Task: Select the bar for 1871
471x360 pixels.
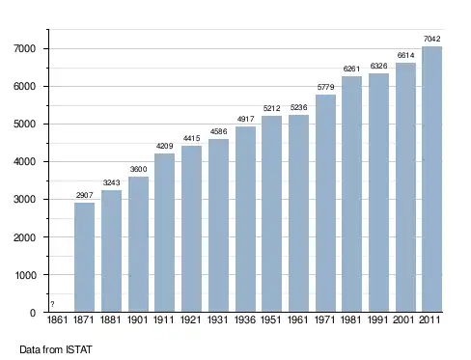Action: (x=84, y=257)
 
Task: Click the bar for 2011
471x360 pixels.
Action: (x=431, y=180)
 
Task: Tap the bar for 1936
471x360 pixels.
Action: (x=245, y=219)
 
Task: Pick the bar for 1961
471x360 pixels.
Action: (x=298, y=213)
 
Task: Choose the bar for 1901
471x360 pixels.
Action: (x=138, y=244)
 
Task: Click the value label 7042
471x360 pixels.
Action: (x=431, y=39)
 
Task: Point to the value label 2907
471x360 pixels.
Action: (x=84, y=195)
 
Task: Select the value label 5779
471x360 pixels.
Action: (x=325, y=87)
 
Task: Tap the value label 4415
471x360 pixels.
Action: (x=191, y=138)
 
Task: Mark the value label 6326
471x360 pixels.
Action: (x=378, y=66)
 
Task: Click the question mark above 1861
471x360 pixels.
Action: (x=52, y=304)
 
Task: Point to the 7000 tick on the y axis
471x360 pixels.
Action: (x=24, y=48)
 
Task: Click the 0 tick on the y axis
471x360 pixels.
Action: (x=33, y=313)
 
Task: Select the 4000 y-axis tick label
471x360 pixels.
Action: (x=24, y=161)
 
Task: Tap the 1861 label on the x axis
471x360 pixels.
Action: (x=57, y=319)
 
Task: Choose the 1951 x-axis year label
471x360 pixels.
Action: (x=271, y=319)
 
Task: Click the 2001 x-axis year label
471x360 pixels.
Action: (x=403, y=319)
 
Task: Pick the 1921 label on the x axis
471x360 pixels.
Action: (x=191, y=319)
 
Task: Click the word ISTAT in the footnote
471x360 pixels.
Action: (x=79, y=349)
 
